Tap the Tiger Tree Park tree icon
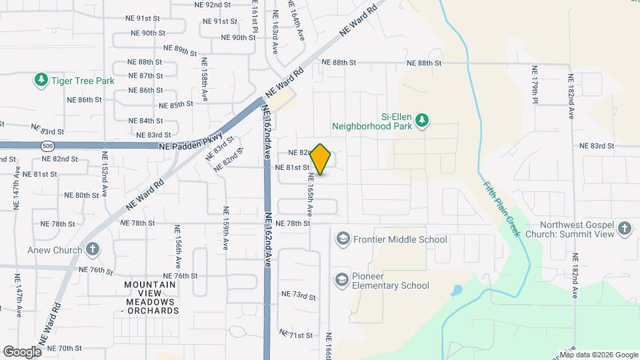point(41,81)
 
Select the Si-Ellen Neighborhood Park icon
point(422,120)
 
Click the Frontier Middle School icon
point(343,239)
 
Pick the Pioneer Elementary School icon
point(342,279)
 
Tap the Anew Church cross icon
point(93,250)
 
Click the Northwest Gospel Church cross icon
point(624,230)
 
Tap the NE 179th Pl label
point(535,84)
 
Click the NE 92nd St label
point(213,4)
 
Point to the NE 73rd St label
point(297,294)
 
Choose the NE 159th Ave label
point(226,227)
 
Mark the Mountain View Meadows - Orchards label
point(151,297)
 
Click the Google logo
point(23,351)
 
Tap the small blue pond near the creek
point(457,291)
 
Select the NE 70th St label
point(65,348)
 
